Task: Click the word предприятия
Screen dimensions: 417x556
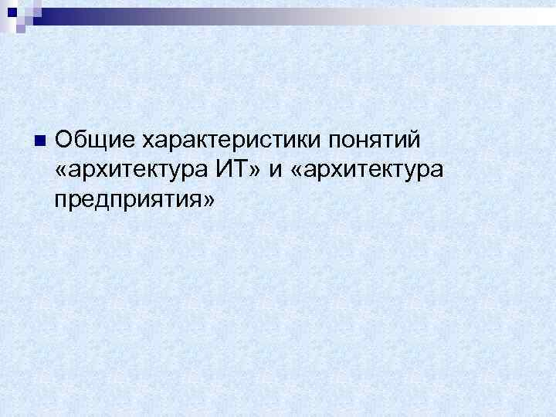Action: coord(130,200)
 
